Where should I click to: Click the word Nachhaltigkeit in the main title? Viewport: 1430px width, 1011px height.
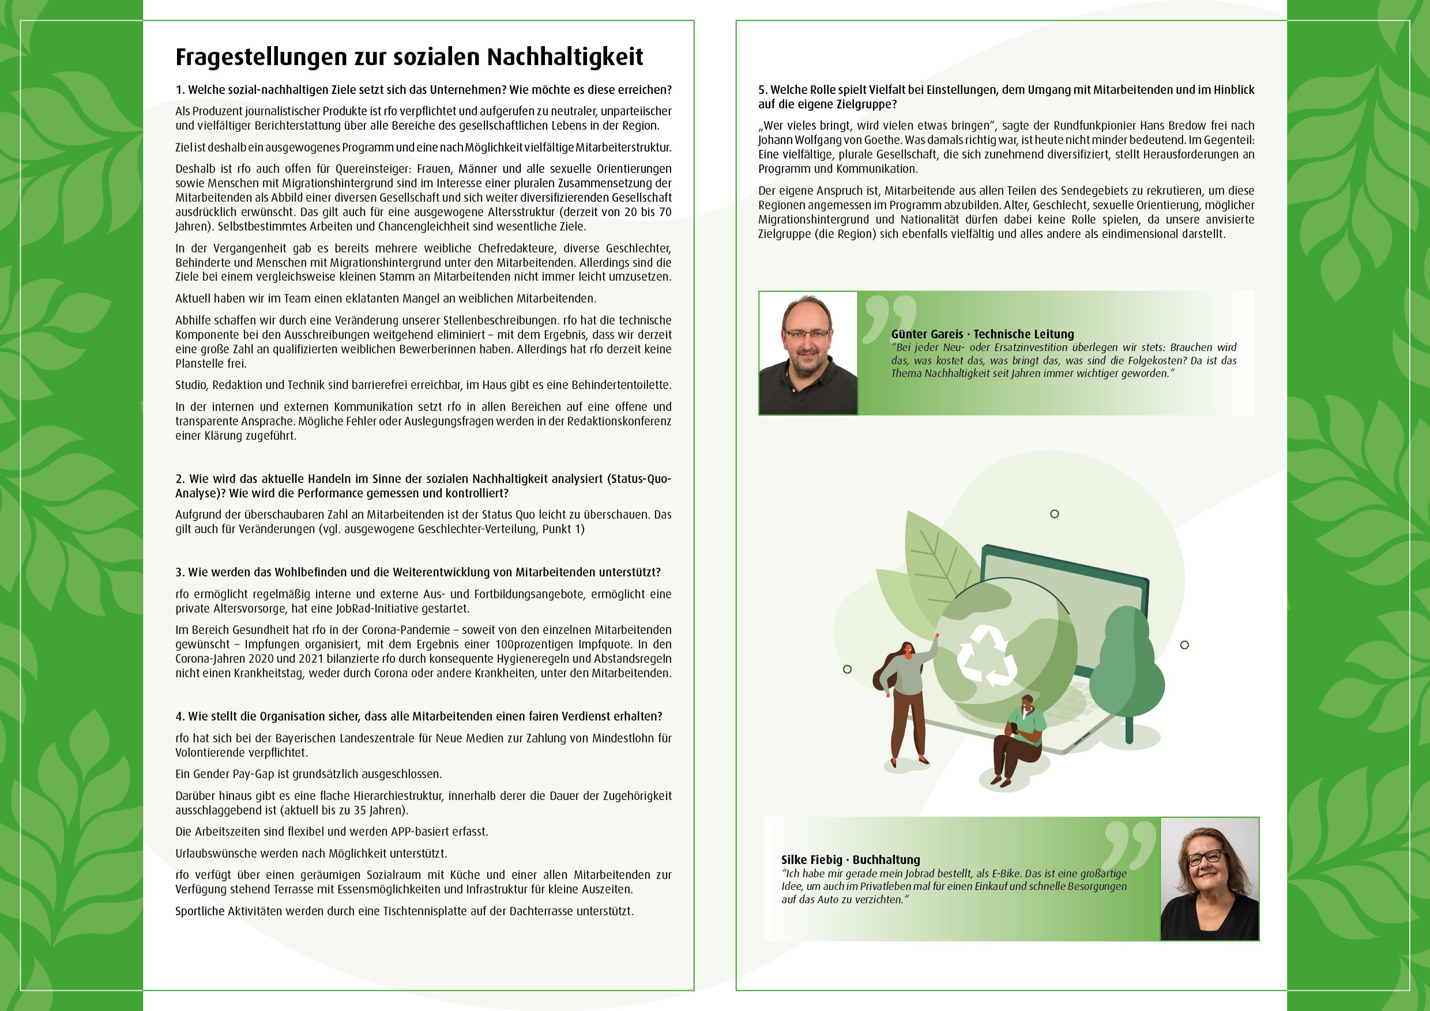(x=565, y=57)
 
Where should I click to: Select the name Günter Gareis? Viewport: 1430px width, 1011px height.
(x=927, y=334)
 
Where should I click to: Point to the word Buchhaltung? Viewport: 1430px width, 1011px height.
(x=886, y=860)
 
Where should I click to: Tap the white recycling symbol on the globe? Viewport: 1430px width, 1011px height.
(x=986, y=656)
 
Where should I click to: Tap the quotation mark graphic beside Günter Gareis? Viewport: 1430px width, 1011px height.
(x=889, y=317)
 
